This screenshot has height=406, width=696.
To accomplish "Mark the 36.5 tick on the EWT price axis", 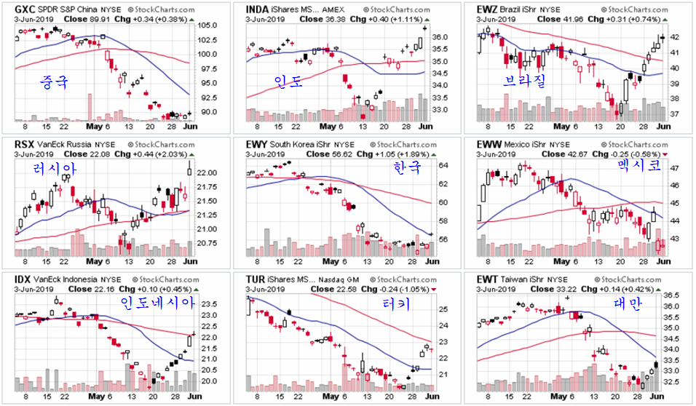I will coord(672,295).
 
